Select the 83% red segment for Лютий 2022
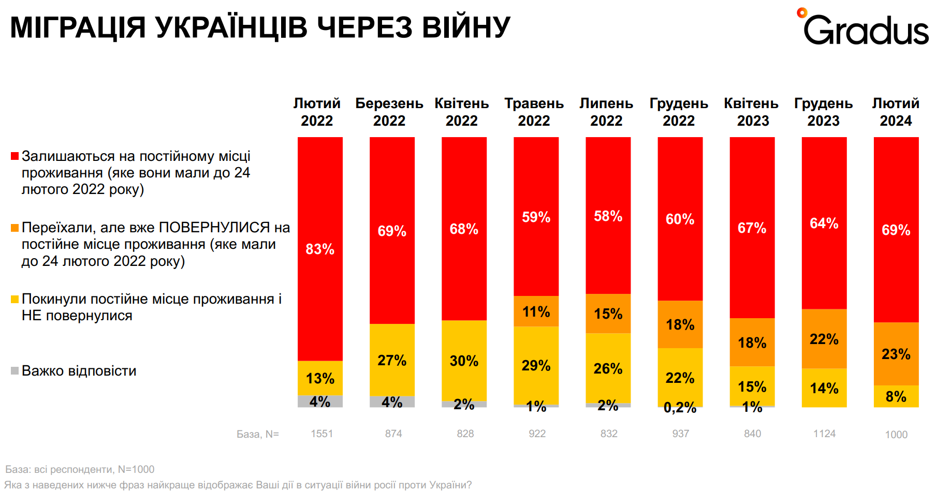(x=320, y=249)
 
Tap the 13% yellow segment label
(x=320, y=378)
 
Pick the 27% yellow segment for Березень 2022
(x=392, y=360)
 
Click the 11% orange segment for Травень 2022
(x=536, y=311)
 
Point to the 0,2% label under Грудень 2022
(x=680, y=408)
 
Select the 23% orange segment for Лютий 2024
(x=896, y=354)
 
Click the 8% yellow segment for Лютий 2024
(x=896, y=396)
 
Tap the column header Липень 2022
(x=606, y=112)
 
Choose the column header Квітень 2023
(x=751, y=112)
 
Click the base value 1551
(x=321, y=434)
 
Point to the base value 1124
(x=824, y=434)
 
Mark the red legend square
(x=15, y=156)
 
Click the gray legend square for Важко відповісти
(x=15, y=370)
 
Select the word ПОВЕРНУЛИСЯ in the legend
(x=214, y=228)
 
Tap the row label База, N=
(x=257, y=434)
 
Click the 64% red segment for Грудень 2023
(x=824, y=223)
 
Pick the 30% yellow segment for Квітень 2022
(x=464, y=361)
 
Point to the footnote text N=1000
(x=136, y=469)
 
